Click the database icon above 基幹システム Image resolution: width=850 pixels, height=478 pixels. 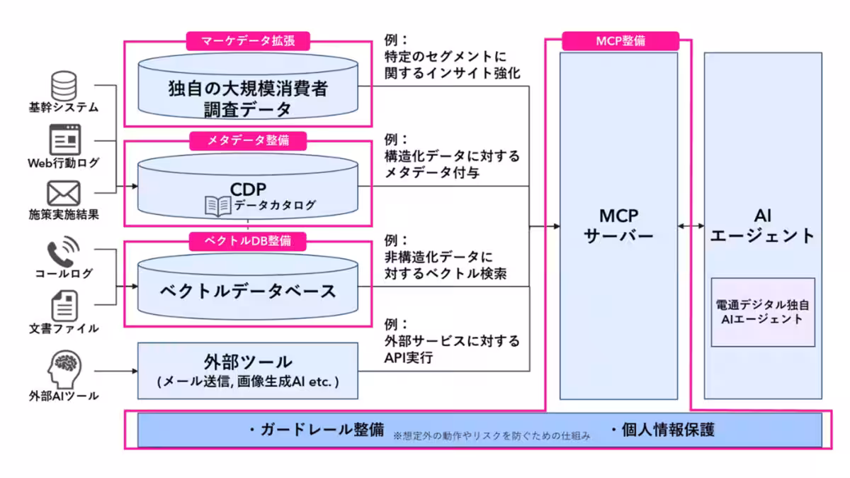click(64, 84)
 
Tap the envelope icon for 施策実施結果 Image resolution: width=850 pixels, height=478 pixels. click(64, 193)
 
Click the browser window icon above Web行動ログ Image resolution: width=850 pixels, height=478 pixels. click(64, 139)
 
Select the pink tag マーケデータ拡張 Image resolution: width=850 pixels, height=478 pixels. click(249, 40)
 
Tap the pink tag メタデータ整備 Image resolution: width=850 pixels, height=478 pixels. click(249, 140)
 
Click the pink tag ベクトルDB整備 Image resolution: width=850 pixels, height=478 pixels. click(249, 241)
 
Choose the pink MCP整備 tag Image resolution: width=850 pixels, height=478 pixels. click(620, 40)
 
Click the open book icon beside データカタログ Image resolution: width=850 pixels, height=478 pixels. click(217, 206)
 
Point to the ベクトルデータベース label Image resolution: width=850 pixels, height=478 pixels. click(248, 291)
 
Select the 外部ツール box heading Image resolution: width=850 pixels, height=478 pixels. click(248, 362)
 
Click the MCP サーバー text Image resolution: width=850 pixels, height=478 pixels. click(618, 226)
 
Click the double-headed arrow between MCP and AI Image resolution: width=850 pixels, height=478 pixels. click(691, 226)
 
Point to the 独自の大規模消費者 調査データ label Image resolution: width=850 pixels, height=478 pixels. click(248, 99)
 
